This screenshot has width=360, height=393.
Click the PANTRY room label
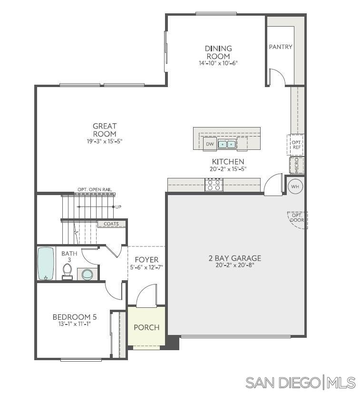281,47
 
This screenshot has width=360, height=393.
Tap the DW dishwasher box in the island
209,144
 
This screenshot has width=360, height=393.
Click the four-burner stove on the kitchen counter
214,185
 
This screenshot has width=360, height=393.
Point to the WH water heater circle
295,187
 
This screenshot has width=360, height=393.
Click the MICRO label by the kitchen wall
297,165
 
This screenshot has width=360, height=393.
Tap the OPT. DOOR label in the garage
297,218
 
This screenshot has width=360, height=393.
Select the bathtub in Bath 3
46,263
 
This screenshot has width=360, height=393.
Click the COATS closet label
112,224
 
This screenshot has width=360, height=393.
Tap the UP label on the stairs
118,207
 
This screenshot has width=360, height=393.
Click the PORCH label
146,327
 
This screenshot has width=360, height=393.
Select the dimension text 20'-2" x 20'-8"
234,265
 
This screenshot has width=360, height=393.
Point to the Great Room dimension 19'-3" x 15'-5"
105,141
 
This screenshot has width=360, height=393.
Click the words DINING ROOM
218,52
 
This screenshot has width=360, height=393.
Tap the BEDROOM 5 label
71,316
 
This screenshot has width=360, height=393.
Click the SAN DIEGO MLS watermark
300,382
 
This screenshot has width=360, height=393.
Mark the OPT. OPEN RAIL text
95,190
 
